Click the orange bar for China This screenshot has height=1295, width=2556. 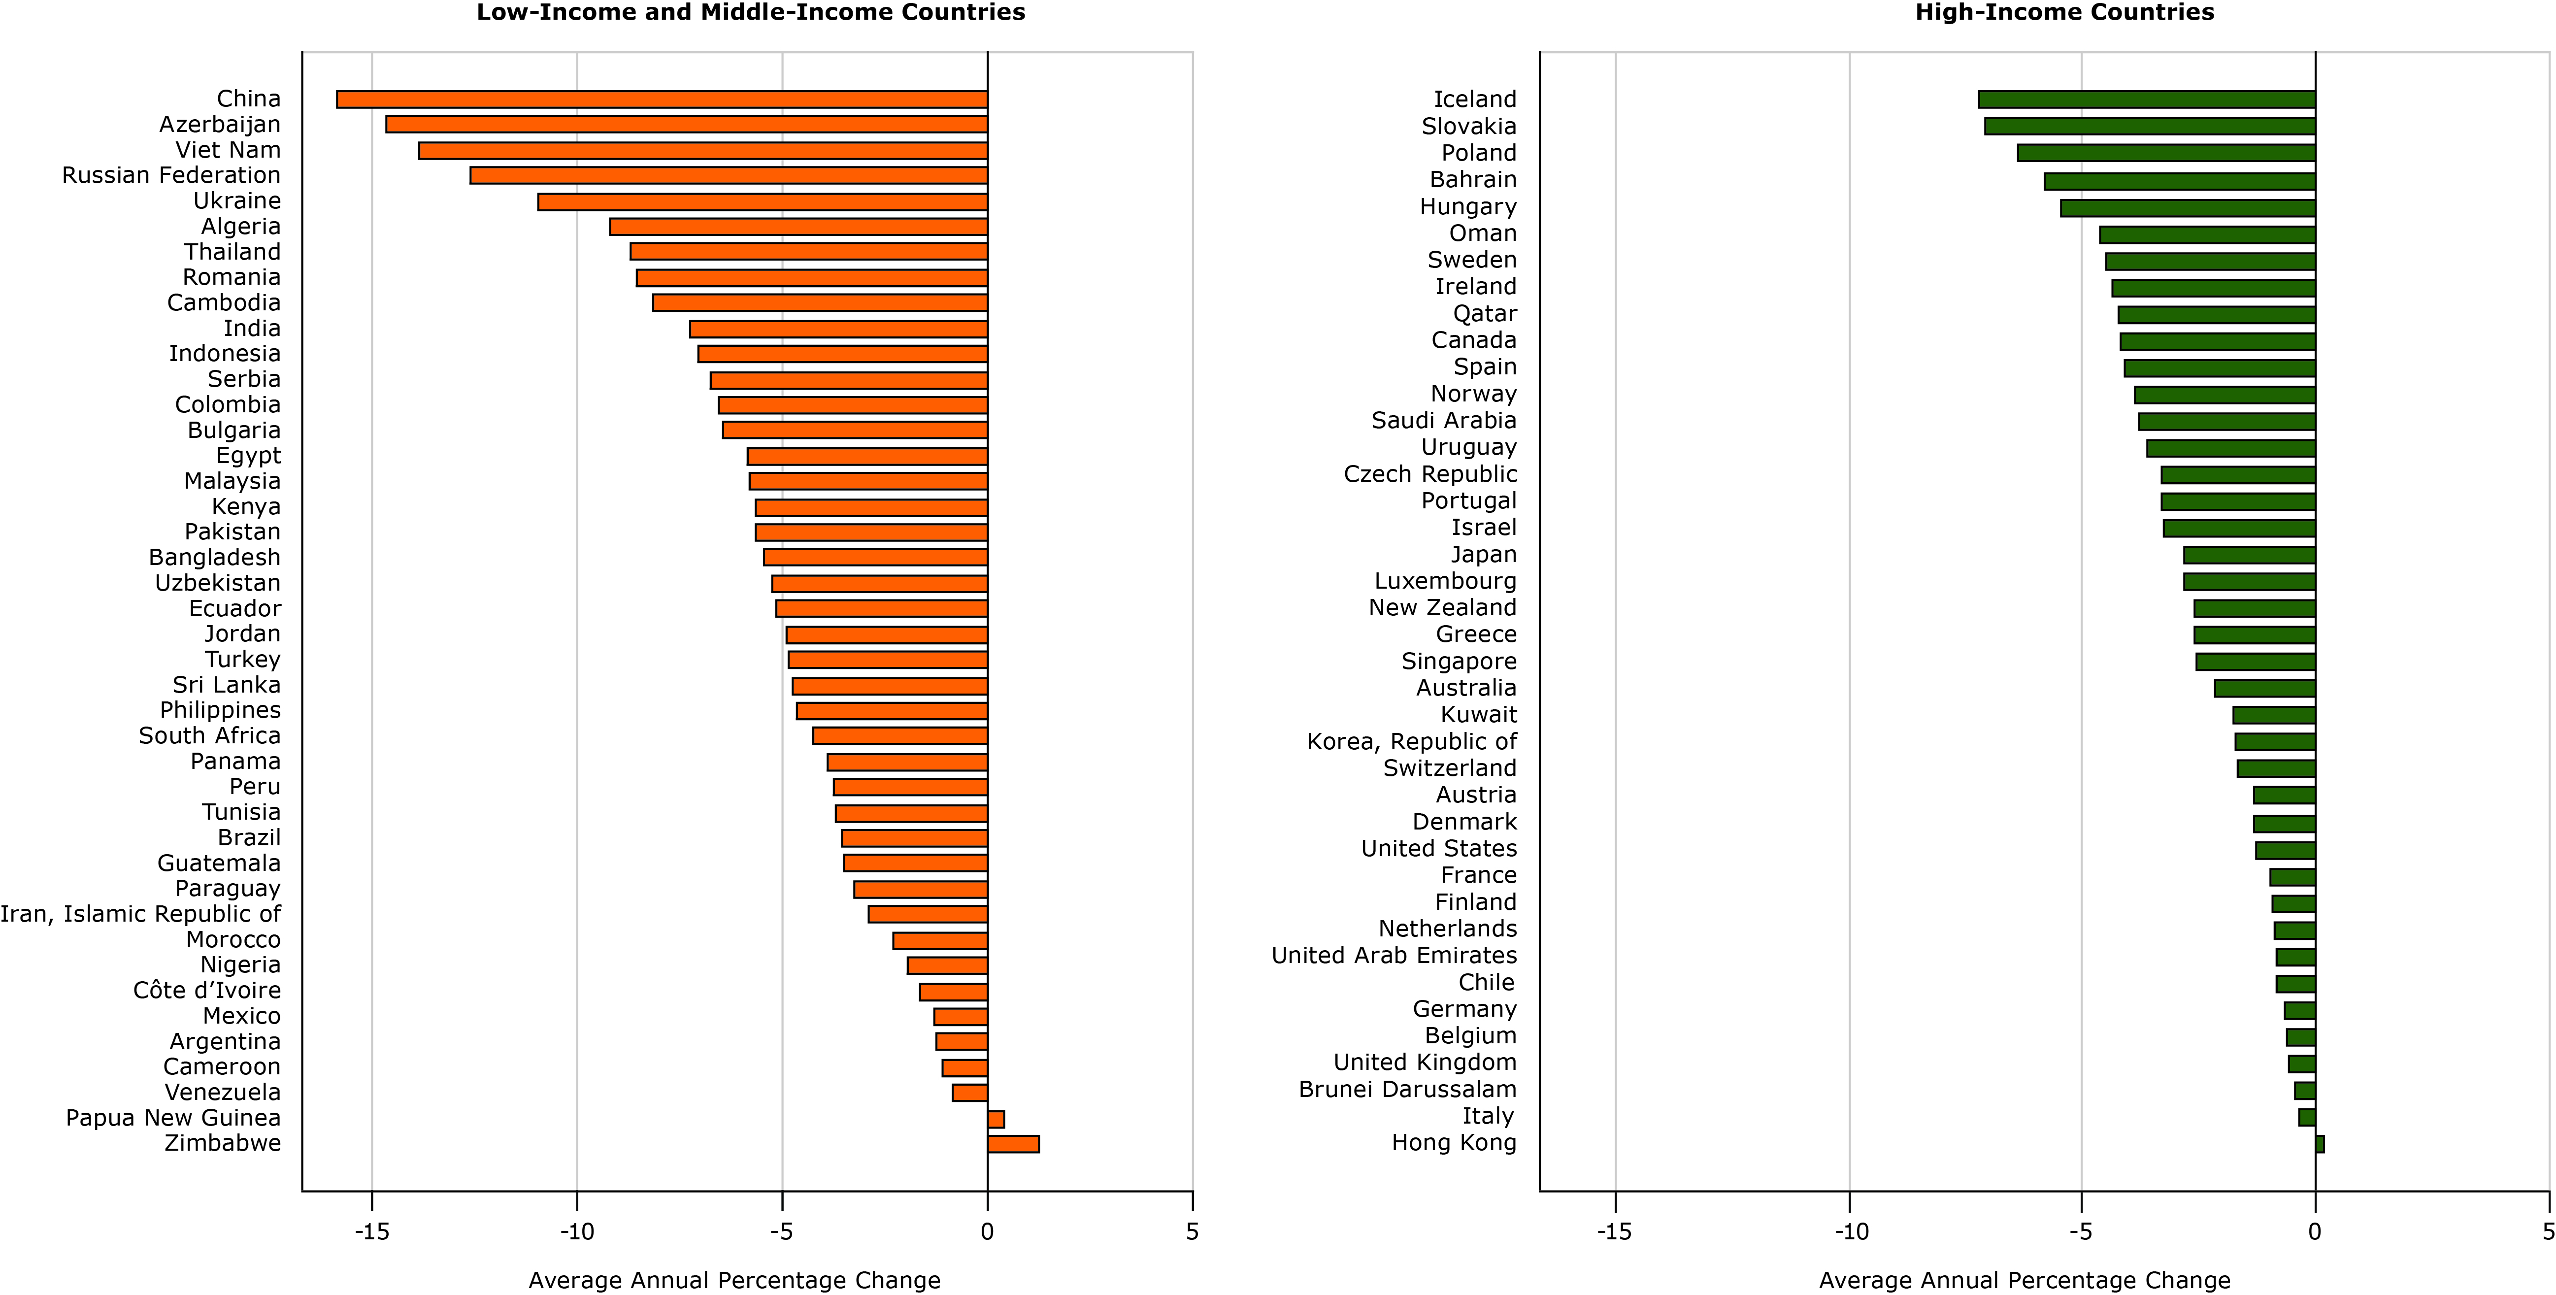(662, 99)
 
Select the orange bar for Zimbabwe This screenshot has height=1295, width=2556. (1013, 1144)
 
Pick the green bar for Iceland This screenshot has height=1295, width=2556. (2146, 99)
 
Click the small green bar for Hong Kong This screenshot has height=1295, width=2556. (2320, 1144)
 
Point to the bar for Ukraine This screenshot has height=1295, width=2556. (762, 201)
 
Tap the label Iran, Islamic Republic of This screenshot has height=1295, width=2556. (140, 914)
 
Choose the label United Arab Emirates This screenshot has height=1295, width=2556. (1394, 956)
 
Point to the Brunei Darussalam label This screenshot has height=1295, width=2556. (1407, 1090)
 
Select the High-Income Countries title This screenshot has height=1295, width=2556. (2064, 13)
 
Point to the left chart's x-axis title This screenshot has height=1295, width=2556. (734, 1280)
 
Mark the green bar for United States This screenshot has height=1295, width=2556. (2285, 850)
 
